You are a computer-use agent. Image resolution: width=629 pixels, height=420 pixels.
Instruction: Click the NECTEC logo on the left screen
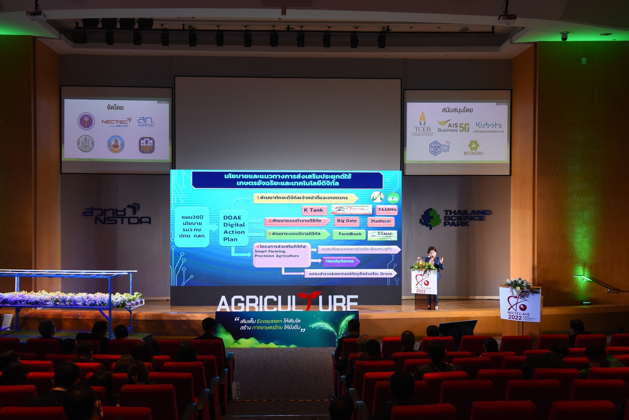pos(116,122)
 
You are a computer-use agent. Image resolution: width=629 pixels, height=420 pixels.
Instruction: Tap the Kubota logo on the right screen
pos(488,126)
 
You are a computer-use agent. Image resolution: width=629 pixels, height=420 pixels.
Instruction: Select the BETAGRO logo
pos(473,148)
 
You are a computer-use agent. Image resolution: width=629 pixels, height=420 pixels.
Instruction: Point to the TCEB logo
pos(422,124)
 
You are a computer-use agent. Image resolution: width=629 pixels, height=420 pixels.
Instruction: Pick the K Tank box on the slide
pos(314,210)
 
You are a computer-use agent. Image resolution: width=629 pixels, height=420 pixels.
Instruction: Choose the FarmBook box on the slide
pos(350,234)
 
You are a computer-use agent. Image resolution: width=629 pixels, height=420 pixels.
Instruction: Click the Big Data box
pos(347,221)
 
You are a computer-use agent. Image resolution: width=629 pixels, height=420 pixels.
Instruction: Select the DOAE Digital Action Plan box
pos(234,228)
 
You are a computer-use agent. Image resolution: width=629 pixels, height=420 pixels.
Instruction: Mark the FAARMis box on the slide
pos(387,210)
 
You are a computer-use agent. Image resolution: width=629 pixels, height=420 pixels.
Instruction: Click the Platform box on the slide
pos(381,221)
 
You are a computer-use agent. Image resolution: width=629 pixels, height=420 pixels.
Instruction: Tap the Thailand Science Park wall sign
pos(455,219)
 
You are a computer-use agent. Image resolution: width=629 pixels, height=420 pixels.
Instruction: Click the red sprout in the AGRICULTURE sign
pos(309,299)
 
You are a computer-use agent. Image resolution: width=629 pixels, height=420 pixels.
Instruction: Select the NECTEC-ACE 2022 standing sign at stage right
pos(520,304)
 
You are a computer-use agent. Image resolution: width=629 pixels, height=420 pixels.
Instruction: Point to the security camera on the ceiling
pos(565,36)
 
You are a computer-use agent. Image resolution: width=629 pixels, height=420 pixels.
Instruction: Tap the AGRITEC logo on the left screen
pos(146,122)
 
